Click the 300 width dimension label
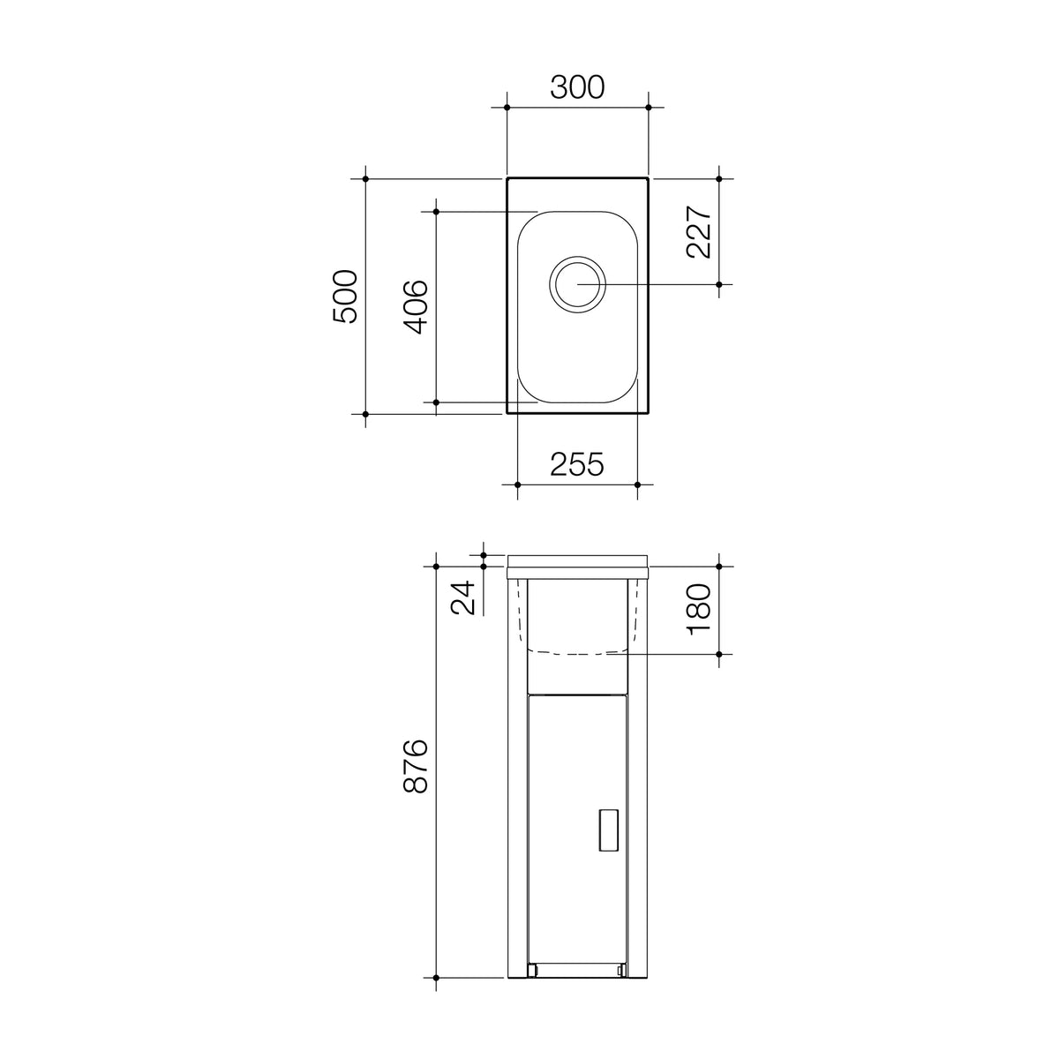tap(577, 87)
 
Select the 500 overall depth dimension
tap(345, 297)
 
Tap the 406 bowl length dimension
tap(416, 307)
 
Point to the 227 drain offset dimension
tap(699, 231)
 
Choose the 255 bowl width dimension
tap(577, 464)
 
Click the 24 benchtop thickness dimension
tap(462, 597)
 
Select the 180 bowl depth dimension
tap(699, 610)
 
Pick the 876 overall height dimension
tap(416, 765)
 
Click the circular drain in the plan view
tap(577, 284)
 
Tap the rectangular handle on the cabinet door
tap(608, 830)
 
